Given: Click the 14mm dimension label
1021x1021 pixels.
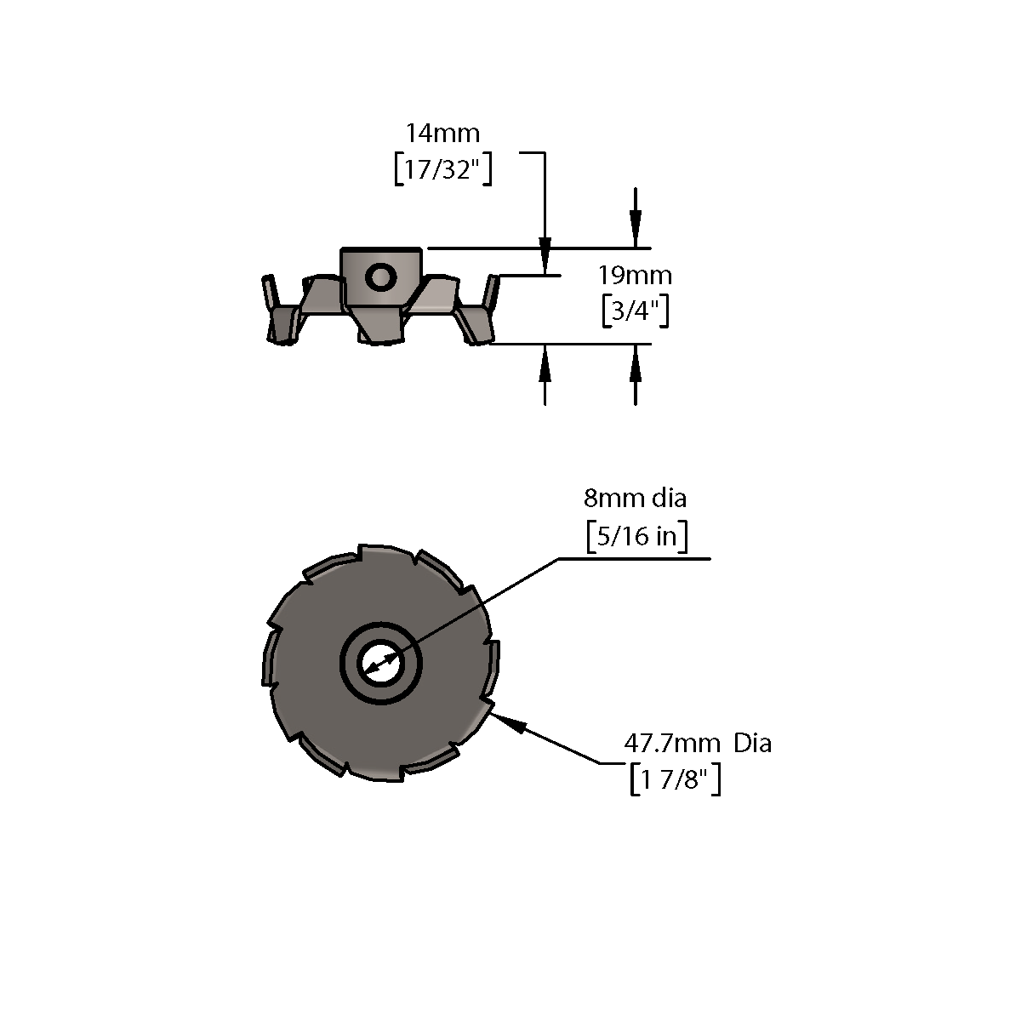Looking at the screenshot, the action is (x=443, y=133).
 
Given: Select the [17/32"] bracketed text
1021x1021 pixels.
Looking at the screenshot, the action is (x=443, y=169).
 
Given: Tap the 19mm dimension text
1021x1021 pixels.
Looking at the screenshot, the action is (x=635, y=276).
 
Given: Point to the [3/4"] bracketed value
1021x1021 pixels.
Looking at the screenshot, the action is (x=636, y=311).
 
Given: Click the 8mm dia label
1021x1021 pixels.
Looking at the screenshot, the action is (x=635, y=498).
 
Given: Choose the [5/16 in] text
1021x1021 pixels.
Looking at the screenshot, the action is (x=637, y=536).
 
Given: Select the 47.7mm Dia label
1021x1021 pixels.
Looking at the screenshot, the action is (x=698, y=744).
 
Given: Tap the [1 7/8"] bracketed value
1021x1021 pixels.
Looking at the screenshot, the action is (x=675, y=779).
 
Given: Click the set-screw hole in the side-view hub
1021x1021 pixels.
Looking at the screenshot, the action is (x=381, y=277).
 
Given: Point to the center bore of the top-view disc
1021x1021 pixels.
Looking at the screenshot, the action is (x=381, y=663).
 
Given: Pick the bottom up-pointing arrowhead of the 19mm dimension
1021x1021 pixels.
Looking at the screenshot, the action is (x=636, y=363).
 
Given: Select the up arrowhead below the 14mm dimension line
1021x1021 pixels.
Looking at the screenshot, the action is (x=545, y=363).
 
